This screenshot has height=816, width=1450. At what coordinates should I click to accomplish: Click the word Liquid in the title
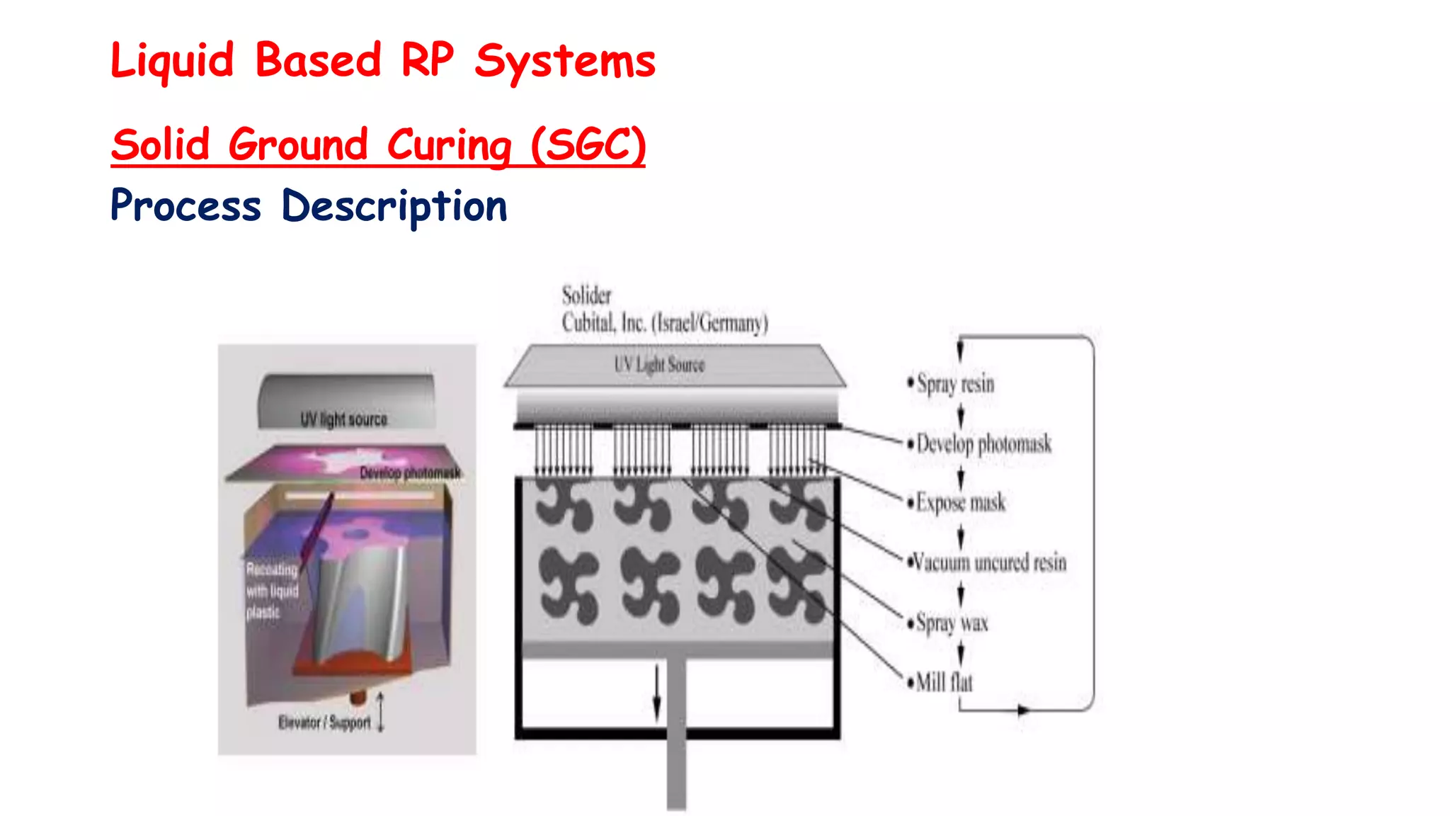click(172, 61)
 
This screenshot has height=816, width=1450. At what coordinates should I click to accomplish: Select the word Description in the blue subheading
click(394, 207)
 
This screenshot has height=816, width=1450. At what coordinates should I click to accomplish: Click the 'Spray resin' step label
click(955, 384)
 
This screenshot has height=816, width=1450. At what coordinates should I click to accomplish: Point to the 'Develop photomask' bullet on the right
click(983, 444)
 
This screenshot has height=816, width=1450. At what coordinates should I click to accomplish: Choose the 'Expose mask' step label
click(960, 503)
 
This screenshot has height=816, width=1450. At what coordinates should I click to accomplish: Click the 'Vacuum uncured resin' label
click(989, 563)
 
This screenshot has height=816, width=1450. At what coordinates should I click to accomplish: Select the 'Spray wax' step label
click(952, 623)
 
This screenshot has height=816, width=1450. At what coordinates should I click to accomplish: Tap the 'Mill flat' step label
click(944, 683)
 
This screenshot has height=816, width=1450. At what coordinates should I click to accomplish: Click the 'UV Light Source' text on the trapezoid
click(659, 365)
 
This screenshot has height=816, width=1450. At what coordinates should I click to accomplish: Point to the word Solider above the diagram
click(586, 295)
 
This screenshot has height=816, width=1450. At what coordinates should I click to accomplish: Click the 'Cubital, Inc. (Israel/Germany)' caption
click(664, 323)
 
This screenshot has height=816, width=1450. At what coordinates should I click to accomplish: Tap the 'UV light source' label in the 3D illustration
click(344, 419)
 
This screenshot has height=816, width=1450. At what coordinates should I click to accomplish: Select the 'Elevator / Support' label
click(324, 722)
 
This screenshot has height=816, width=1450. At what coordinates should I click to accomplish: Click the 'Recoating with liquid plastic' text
click(272, 591)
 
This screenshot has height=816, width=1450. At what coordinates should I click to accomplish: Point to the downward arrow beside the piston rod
click(656, 693)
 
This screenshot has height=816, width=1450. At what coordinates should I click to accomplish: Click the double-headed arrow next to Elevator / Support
click(381, 712)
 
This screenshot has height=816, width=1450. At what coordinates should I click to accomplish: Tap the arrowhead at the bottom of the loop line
click(1022, 710)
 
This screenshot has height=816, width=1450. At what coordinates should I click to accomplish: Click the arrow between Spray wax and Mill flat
click(961, 653)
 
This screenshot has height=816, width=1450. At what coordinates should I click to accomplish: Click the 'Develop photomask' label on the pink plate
click(409, 472)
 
